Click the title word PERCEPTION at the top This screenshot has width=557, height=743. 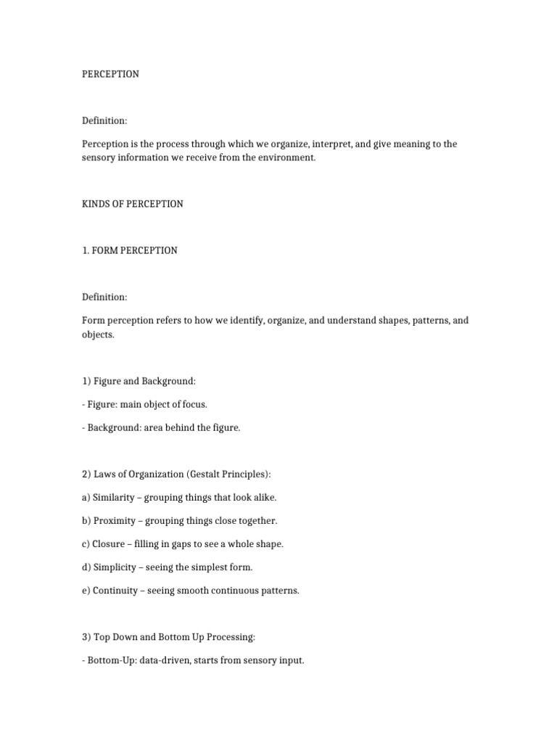point(110,74)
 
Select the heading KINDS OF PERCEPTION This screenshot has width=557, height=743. point(133,204)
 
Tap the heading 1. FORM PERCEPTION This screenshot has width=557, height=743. point(130,250)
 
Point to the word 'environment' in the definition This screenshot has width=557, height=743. point(289,157)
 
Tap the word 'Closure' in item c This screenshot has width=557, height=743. point(110,543)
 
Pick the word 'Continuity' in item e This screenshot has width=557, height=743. point(115,590)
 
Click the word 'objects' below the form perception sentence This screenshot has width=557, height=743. point(97,334)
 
